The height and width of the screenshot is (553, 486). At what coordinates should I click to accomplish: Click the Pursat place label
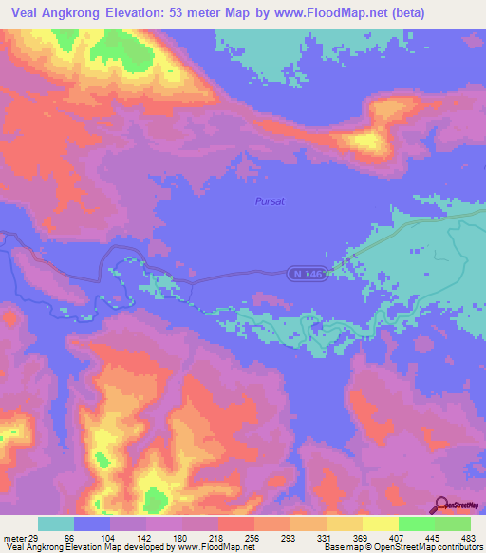click(x=270, y=200)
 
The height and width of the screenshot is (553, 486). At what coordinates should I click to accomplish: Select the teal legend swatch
click(x=56, y=524)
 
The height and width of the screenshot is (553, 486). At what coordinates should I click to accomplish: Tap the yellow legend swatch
click(x=380, y=524)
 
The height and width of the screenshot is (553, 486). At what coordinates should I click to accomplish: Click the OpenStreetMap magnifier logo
click(x=442, y=505)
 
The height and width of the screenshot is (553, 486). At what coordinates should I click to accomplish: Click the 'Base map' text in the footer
click(x=344, y=546)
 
